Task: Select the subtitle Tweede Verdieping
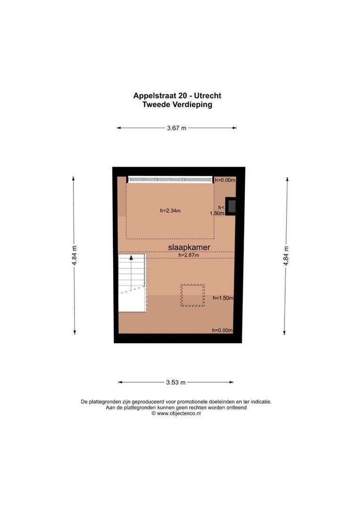(177, 105)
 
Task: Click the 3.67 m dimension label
(177, 128)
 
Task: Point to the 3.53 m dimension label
(176, 382)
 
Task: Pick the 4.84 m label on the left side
(74, 255)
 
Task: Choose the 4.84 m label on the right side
(286, 255)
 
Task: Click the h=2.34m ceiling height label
(170, 211)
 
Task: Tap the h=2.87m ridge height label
(188, 255)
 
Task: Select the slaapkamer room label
(189, 247)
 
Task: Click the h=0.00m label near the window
(225, 180)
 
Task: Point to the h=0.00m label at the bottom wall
(222, 330)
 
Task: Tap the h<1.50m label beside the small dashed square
(223, 298)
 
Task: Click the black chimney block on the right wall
(231, 206)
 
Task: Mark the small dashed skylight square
(193, 296)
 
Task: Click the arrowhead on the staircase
(131, 258)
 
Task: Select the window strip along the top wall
(170, 179)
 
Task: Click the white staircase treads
(131, 278)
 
